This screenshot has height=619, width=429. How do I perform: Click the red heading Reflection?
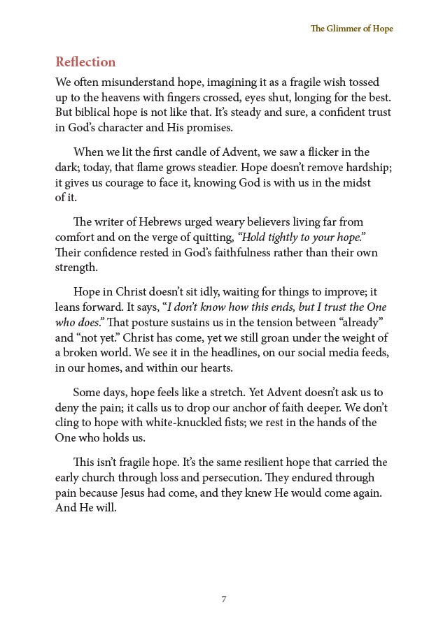(85, 62)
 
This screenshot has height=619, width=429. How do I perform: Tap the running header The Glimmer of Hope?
(352, 29)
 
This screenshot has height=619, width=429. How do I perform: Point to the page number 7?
(223, 599)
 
